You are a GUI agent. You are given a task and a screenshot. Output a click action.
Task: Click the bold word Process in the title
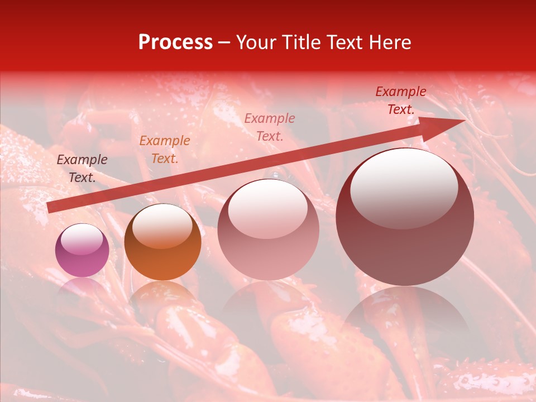[175, 42]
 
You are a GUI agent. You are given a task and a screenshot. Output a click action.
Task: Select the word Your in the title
[256, 42]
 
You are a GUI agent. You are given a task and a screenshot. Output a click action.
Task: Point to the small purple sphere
[82, 250]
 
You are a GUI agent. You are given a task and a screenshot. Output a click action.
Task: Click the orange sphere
[162, 242]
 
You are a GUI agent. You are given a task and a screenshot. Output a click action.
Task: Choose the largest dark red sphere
[405, 218]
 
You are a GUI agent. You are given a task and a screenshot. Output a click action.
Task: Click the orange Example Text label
[165, 150]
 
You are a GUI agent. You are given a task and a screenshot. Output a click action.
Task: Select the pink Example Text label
[270, 127]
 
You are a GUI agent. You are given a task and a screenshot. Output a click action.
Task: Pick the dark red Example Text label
[401, 100]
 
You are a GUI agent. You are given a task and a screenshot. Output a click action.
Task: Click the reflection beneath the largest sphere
[405, 313]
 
